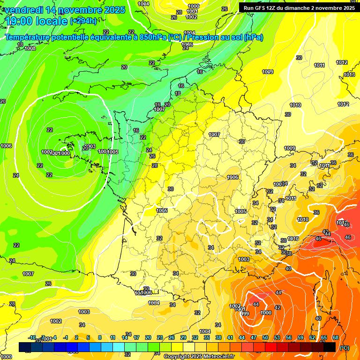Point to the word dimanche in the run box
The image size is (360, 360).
pyautogui.click(x=309, y=7)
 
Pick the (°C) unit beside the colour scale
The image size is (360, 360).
pyautogui.click(x=344, y=348)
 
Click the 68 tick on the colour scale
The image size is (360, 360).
pyautogui.click(x=336, y=337)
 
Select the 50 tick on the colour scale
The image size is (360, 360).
pyautogui.click(x=265, y=337)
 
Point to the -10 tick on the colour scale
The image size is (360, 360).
pyautogui.click(x=32, y=337)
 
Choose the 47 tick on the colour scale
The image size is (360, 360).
pyautogui.click(x=254, y=337)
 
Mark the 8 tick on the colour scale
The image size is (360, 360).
pyautogui.click(x=100, y=337)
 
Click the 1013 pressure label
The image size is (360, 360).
pyautogui.click(x=349, y=75)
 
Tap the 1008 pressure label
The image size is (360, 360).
pyautogui.click(x=30, y=48)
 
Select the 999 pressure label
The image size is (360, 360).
pyautogui.click(x=245, y=313)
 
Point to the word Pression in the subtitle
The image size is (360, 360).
pyautogui.click(x=203, y=37)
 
